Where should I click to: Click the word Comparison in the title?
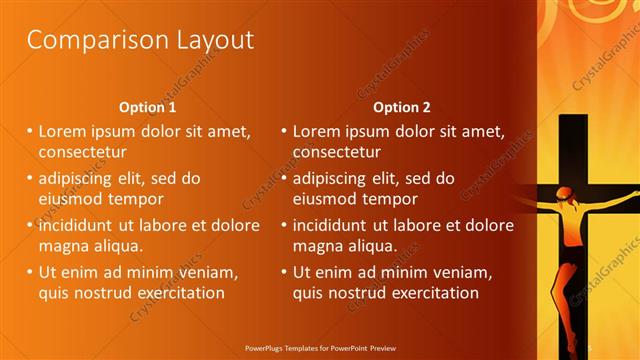(86, 40)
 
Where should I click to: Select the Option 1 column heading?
(148, 107)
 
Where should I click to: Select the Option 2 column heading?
(402, 107)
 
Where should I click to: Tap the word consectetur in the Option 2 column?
(336, 152)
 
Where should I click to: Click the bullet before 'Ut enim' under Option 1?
(30, 271)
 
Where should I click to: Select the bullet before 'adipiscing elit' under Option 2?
(284, 179)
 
